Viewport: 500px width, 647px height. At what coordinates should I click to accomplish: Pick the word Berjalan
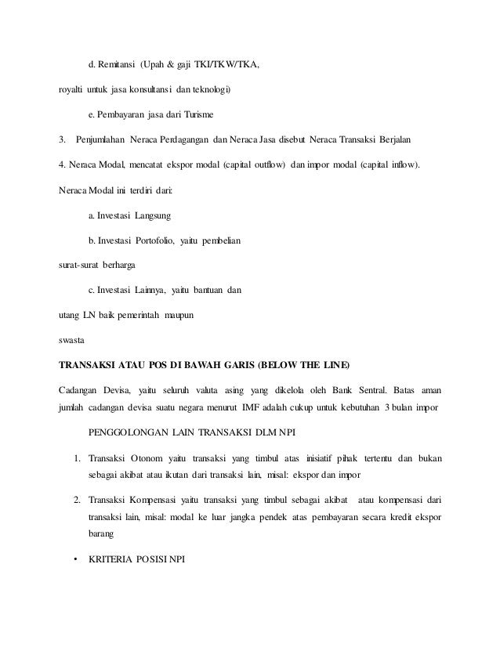(x=396, y=140)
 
